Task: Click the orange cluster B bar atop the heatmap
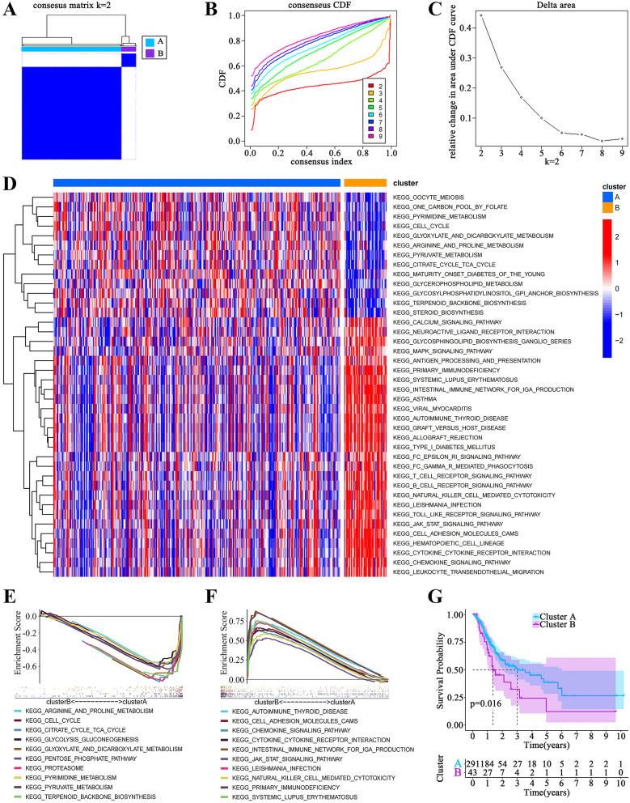coord(365,183)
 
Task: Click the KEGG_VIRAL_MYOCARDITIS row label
coord(425,409)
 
